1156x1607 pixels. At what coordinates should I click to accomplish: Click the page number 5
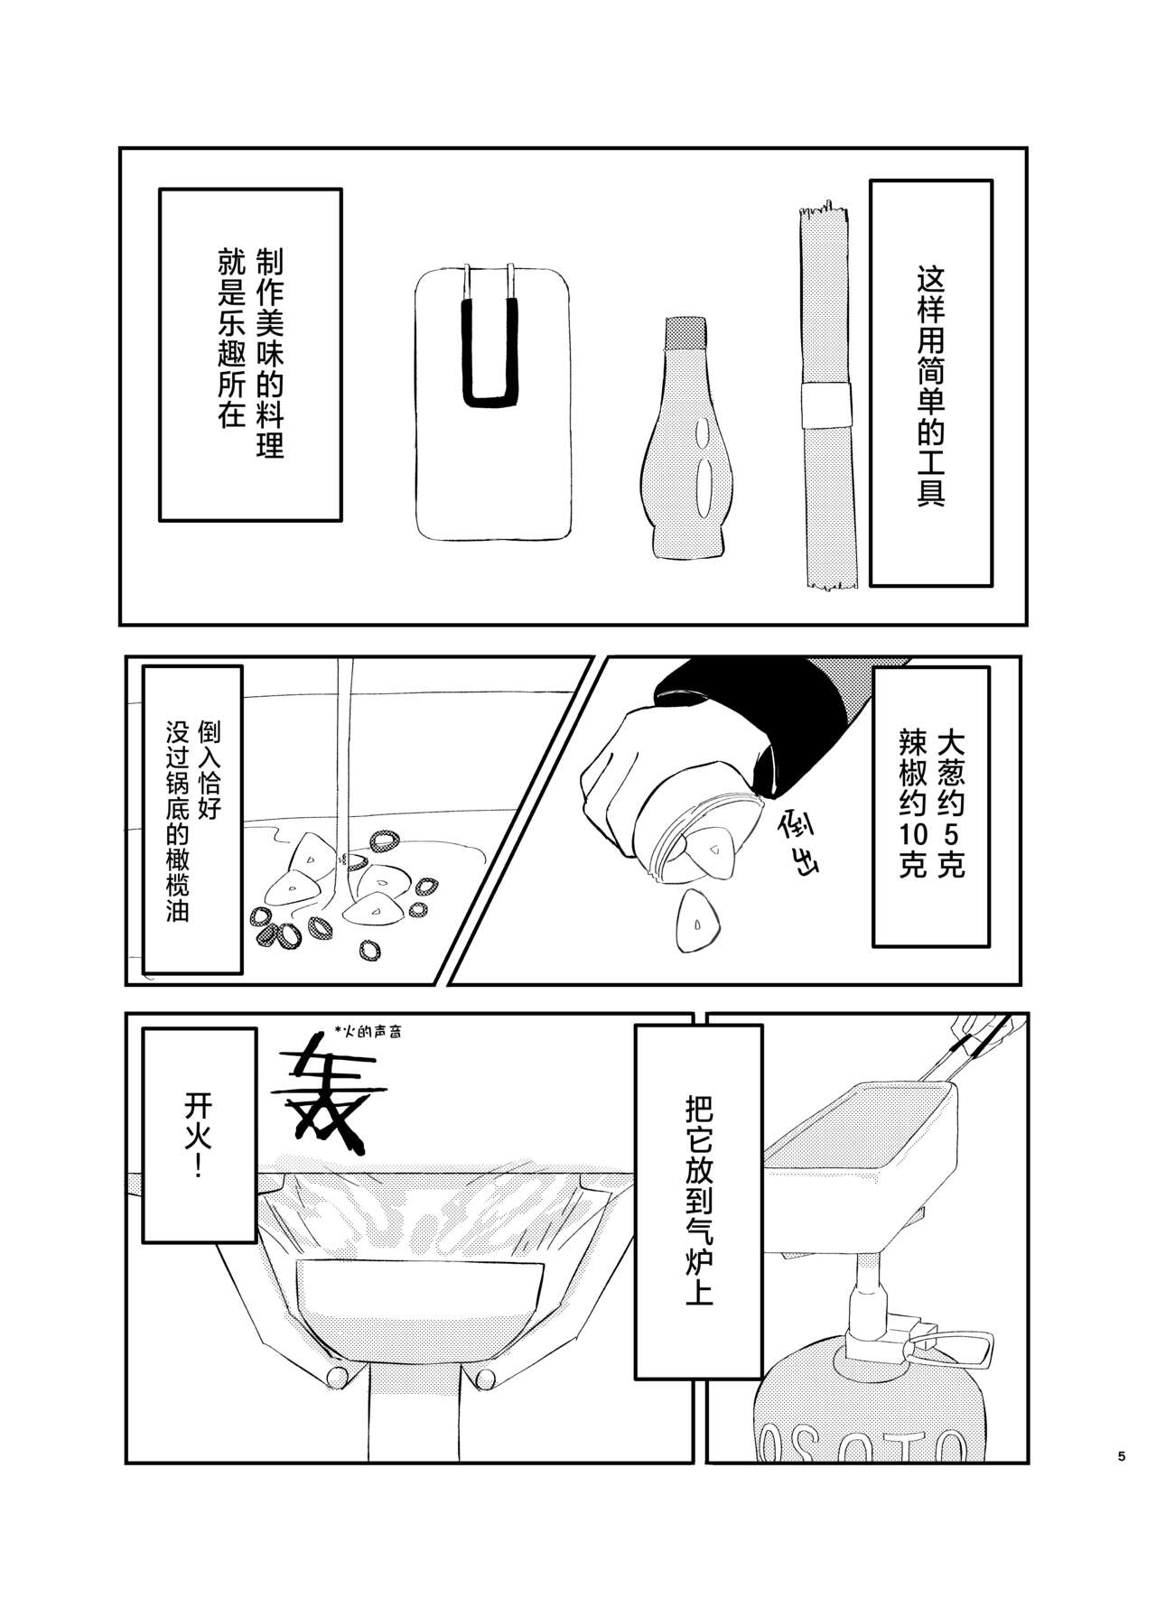[1122, 1482]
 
